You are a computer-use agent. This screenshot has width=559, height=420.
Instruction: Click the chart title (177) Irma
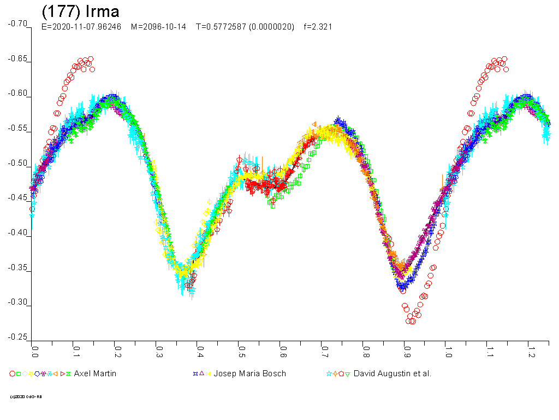click(x=80, y=11)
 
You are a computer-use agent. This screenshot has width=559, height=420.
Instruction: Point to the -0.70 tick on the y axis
click(x=18, y=24)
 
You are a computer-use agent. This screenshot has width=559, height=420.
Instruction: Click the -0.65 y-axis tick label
click(x=18, y=59)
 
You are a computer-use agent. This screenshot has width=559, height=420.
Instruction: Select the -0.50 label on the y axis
click(x=18, y=164)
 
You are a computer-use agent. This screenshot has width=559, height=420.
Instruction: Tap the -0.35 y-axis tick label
click(x=18, y=268)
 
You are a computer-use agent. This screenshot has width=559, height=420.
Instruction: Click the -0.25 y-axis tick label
click(x=18, y=337)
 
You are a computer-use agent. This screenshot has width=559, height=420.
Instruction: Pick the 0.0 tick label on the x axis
click(x=35, y=348)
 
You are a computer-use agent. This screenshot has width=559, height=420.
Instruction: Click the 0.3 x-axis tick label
click(x=159, y=348)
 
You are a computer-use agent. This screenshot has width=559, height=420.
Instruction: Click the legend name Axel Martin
click(x=95, y=374)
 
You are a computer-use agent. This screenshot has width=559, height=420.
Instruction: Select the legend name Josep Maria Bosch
click(x=249, y=374)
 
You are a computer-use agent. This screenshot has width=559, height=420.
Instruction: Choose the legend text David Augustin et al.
click(x=392, y=374)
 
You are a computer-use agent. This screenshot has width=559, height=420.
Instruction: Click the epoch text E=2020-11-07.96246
click(x=81, y=26)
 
